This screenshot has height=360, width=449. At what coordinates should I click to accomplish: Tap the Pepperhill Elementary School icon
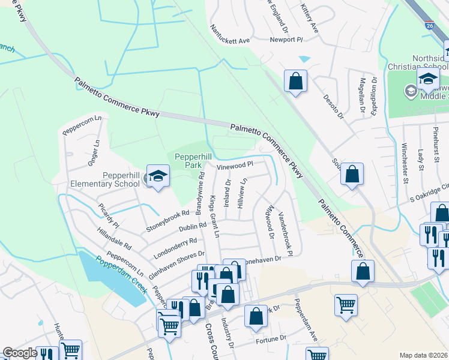(158, 176)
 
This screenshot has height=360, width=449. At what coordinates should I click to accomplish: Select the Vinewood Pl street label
(236, 163)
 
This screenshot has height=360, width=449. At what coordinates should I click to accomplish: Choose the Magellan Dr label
(362, 95)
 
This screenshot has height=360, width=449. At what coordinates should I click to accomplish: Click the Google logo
(19, 353)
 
